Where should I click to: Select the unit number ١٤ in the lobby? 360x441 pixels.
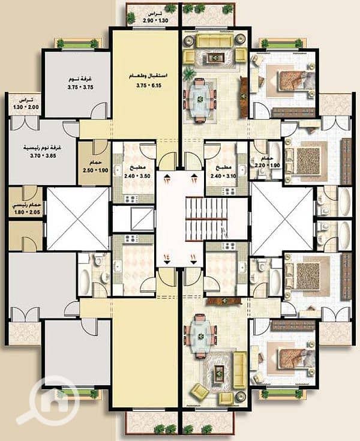[x=167, y=257]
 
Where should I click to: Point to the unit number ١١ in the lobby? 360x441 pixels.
[x=193, y=257]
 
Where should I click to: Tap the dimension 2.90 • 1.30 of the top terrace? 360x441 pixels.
[x=155, y=21]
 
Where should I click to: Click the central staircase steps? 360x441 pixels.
[x=203, y=219]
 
